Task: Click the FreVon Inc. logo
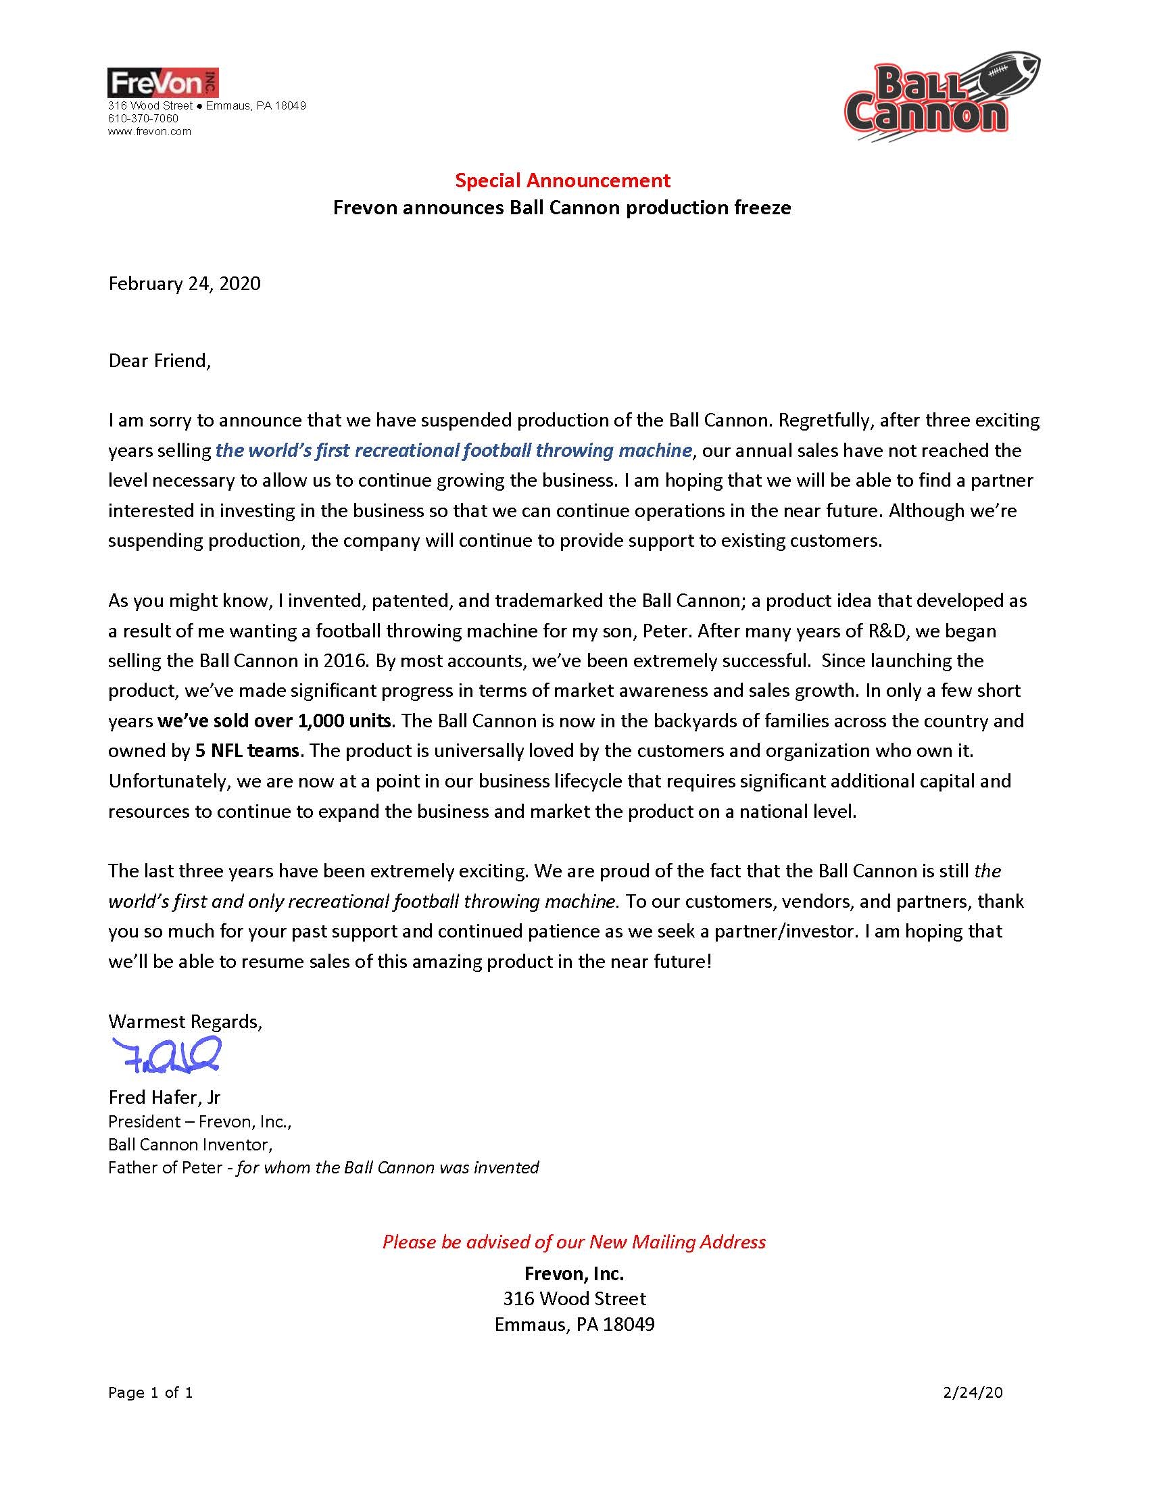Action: [163, 83]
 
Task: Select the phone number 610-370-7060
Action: [143, 118]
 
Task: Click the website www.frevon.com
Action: [150, 131]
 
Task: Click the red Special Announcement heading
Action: [562, 180]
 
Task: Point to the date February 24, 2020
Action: [185, 283]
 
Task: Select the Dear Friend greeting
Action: [160, 360]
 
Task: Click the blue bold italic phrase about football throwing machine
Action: [454, 450]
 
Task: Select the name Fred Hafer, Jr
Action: [165, 1097]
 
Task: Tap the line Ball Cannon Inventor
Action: [190, 1144]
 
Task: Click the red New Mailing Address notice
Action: [574, 1242]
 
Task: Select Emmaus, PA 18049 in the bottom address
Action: [574, 1324]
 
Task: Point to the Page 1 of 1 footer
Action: [151, 1392]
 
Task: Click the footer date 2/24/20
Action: [973, 1392]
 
